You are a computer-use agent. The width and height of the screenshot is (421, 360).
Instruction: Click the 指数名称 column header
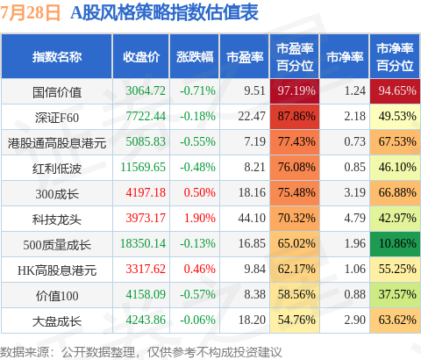tap(57, 57)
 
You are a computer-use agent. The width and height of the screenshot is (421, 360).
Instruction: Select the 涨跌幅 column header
tap(195, 57)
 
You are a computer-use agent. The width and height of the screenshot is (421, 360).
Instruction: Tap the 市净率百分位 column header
tap(395, 57)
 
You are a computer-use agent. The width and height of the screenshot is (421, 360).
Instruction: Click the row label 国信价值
tap(57, 92)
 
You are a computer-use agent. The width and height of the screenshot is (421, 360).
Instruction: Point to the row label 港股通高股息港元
tap(57, 143)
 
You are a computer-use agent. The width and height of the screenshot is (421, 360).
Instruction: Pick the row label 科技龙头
tap(57, 220)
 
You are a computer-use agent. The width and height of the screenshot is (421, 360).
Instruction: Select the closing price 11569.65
tap(143, 167)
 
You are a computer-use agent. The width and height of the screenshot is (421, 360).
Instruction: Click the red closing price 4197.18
tap(146, 192)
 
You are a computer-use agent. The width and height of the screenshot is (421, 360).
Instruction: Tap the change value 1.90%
tap(200, 218)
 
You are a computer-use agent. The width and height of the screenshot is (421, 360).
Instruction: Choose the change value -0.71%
tap(198, 90)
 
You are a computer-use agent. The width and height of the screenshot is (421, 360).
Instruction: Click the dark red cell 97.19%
tap(295, 91)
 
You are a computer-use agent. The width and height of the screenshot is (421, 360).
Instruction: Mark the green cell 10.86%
tap(395, 244)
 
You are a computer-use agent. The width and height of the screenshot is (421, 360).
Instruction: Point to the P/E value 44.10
tap(252, 218)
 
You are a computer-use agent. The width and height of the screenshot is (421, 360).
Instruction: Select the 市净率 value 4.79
tap(355, 218)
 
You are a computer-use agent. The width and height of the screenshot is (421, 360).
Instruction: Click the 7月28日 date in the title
tap(30, 13)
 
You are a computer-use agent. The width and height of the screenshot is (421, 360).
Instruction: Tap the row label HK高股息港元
tap(57, 270)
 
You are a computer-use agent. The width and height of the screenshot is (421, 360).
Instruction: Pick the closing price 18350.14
tap(143, 243)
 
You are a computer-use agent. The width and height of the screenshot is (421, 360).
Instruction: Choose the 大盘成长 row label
tap(57, 321)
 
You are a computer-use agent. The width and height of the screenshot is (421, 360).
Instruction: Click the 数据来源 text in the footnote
tap(24, 352)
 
